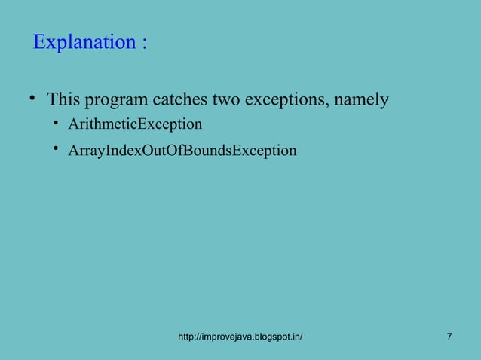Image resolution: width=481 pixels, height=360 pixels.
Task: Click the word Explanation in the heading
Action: pos(84,43)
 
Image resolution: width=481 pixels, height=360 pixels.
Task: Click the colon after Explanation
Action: pos(143,44)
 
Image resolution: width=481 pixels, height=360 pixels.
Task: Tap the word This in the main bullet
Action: pos(63,99)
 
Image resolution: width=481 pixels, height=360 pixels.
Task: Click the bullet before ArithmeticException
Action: pos(57,123)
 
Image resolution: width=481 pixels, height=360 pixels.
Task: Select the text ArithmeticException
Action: pos(135,124)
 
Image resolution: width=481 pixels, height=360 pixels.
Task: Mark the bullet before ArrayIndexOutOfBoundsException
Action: pos(57,150)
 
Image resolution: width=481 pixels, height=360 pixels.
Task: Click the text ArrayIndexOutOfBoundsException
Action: pos(182,151)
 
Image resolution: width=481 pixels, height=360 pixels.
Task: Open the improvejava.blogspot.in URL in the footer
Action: pos(240,336)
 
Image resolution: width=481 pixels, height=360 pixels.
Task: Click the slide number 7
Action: pos(449,336)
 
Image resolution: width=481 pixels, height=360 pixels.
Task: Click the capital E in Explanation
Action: pos(39,43)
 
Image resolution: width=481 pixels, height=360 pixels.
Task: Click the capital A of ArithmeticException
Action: pos(73,124)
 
